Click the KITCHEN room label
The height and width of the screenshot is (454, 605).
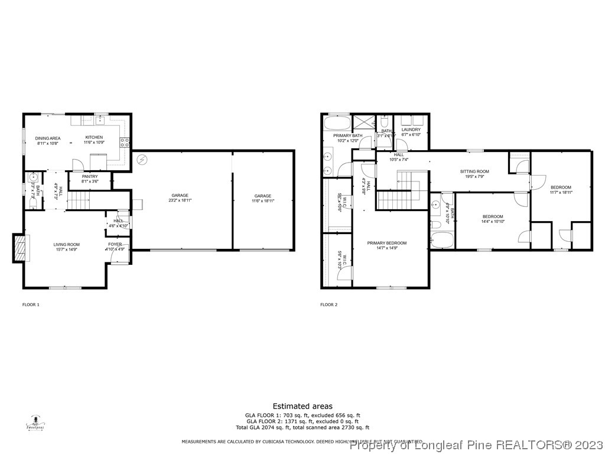pos(94,138)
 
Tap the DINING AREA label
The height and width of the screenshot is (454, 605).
pos(48,138)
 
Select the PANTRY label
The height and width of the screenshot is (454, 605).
pos(90,176)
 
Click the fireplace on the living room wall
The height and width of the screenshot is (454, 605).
pos(20,247)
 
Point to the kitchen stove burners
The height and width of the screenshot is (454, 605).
pos(125,142)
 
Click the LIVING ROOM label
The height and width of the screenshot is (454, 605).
pos(67,244)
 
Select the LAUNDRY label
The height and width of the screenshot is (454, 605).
pos(411,129)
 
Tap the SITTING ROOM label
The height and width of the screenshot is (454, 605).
pos(474,171)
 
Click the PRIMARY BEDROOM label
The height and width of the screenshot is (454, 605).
pos(386,243)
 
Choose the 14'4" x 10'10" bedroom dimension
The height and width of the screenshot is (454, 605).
pos(492,222)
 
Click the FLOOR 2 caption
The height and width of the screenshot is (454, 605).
pos(328,305)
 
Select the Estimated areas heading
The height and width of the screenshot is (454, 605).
pos(302,406)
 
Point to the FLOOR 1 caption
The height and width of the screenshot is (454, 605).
pos(31,305)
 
